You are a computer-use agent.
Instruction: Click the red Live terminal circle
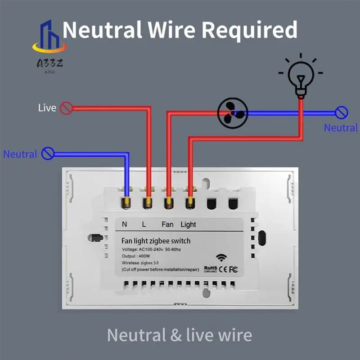67,108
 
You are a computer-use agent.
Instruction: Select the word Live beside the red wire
47,108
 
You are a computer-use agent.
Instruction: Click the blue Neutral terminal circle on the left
48,154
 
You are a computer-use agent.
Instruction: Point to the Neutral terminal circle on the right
342,112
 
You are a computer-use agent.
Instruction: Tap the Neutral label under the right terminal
341,128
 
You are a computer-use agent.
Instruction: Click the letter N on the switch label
125,224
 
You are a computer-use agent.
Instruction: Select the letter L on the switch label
144,224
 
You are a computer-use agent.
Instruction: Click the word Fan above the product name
167,224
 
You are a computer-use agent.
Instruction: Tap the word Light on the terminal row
188,224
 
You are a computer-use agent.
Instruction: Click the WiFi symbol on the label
221,258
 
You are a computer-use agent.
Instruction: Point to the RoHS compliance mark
210,269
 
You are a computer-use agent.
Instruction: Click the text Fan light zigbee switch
156,241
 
